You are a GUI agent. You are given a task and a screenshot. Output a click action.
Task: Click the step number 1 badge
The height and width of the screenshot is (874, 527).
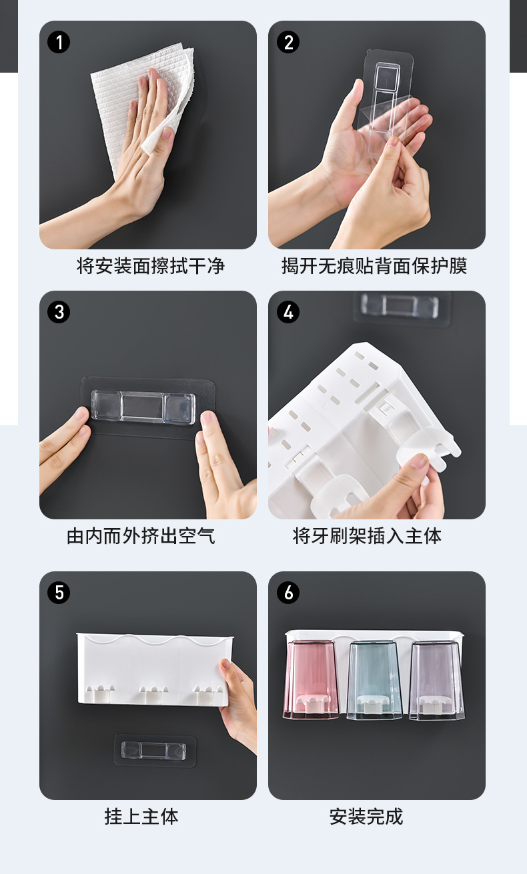click(x=59, y=43)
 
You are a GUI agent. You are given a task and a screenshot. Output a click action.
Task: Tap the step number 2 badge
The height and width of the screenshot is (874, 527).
click(x=288, y=43)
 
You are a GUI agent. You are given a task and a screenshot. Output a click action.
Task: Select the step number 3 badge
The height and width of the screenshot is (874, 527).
click(x=59, y=312)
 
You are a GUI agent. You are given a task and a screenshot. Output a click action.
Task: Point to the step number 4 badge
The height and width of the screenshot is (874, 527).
click(x=288, y=312)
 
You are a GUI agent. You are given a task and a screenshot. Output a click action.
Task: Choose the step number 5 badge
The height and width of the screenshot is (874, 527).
click(x=59, y=593)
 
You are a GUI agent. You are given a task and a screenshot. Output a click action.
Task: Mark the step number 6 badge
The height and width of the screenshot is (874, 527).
click(x=288, y=593)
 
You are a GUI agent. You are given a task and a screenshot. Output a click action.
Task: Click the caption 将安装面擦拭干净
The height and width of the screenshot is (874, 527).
click(x=151, y=267)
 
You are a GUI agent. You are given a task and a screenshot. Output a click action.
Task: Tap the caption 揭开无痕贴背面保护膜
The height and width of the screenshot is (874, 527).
click(x=374, y=267)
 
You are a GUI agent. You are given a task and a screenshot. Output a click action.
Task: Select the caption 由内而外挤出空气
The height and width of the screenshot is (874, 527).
click(x=141, y=536)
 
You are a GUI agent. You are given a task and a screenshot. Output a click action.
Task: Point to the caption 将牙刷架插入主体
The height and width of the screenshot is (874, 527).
click(x=367, y=536)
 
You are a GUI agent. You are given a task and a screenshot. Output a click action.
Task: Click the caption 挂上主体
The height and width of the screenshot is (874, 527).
click(x=141, y=817)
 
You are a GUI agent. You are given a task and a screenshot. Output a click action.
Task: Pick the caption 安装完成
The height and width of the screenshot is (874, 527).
click(x=366, y=817)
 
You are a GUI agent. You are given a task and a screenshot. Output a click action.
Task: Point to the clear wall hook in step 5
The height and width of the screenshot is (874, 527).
click(x=155, y=751)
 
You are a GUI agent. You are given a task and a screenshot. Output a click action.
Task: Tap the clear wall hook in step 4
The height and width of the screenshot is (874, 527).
click(x=400, y=306)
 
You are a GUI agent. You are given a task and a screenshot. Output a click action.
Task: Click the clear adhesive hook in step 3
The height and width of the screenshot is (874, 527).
click(x=143, y=407)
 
